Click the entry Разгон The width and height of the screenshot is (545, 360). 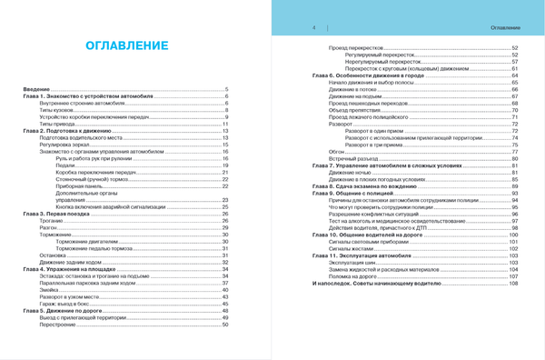click(49, 227)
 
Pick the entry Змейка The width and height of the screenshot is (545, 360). click(50, 290)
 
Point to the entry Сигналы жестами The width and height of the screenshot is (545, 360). click(351, 249)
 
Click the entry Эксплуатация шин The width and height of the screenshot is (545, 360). click(353, 263)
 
